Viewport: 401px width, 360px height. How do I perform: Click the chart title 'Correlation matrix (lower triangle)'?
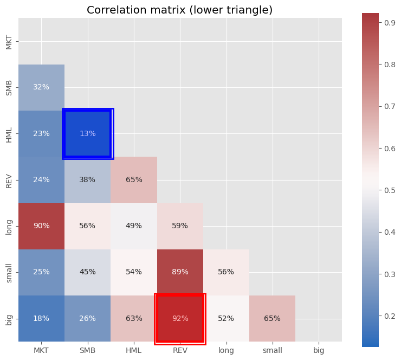[x=179, y=10]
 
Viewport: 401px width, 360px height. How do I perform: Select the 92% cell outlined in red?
[x=180, y=318]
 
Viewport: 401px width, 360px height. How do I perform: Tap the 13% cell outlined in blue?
[x=88, y=133]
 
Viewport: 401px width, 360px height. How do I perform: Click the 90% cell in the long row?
[x=41, y=226]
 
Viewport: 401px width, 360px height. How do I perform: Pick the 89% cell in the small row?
[x=180, y=272]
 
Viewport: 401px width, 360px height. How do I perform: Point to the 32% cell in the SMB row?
[x=41, y=87]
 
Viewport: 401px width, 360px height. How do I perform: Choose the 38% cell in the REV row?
[x=88, y=180]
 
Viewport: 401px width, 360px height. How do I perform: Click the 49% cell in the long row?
[x=134, y=226]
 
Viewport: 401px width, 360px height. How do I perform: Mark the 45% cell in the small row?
[x=88, y=272]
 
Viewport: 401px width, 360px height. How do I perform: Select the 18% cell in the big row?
[x=41, y=318]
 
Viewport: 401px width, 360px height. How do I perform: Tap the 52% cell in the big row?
[x=226, y=318]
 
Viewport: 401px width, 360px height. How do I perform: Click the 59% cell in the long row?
[x=180, y=226]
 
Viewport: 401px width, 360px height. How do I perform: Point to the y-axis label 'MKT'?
[x=9, y=41]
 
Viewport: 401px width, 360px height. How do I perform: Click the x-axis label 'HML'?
[x=134, y=351]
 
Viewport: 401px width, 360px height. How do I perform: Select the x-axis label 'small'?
[x=273, y=351]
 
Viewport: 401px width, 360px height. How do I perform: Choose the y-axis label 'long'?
[x=9, y=226]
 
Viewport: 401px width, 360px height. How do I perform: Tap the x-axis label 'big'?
[x=319, y=351]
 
